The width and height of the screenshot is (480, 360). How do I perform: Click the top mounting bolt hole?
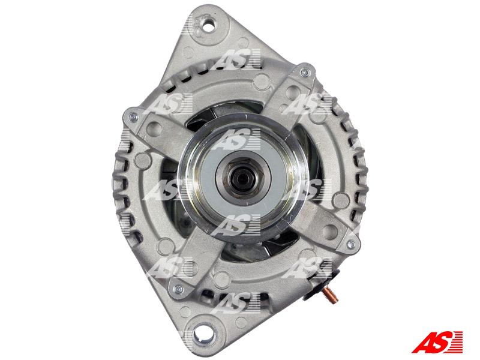coord(209,26)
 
